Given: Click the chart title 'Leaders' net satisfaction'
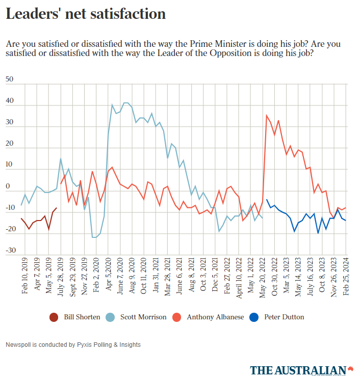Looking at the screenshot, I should coord(86,14).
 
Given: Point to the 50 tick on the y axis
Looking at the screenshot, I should coord(9,79).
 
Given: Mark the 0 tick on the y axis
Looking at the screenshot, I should coord(8,186).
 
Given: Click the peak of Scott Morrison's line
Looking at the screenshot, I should coord(125,103).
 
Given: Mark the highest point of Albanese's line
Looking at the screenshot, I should coord(266,115).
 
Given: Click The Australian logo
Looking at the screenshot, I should coord(301,370).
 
